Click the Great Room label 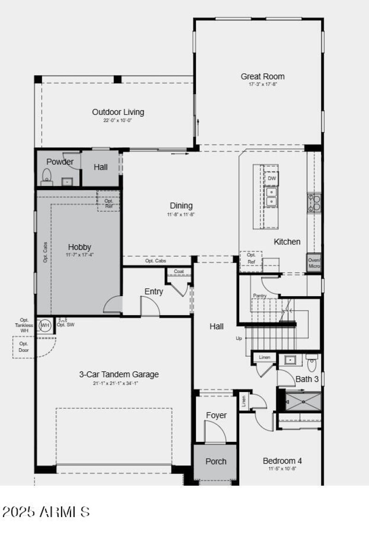point(262,77)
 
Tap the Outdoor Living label point(118,112)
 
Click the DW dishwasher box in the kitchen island point(272,179)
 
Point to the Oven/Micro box point(314,263)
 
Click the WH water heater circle point(45,326)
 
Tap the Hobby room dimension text point(80,255)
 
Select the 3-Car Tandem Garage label point(119,375)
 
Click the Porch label point(215,461)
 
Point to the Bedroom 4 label point(282,461)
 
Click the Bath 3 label point(307,379)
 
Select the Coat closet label point(179,272)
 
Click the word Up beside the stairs point(239,338)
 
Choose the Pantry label point(260,296)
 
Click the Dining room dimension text point(181,214)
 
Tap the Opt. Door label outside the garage point(24,347)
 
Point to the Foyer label point(216,415)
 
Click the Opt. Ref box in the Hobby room point(109,203)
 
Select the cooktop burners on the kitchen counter point(315,202)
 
